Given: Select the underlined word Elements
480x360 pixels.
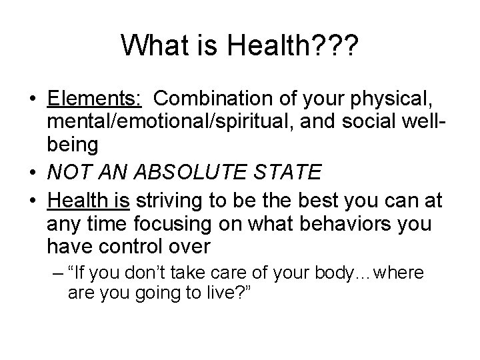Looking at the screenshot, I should (x=94, y=100).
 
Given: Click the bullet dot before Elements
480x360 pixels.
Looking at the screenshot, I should (x=32, y=101).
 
